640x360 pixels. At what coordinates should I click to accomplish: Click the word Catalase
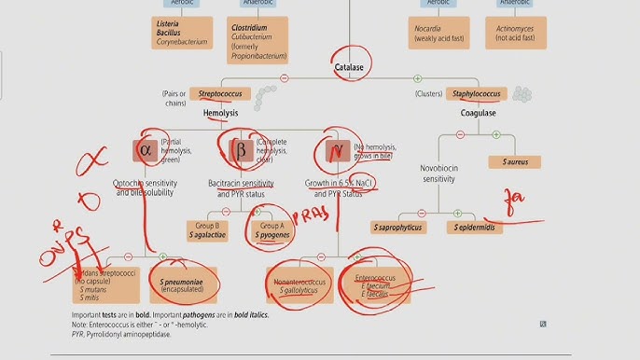click(x=348, y=67)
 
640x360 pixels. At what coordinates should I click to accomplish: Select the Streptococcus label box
click(x=220, y=94)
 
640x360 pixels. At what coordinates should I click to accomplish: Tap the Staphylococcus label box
click(x=478, y=94)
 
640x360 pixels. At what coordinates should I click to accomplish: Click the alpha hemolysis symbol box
click(x=145, y=149)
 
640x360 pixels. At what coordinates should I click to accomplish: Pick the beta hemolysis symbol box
click(x=240, y=149)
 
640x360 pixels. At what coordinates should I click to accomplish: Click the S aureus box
click(x=515, y=162)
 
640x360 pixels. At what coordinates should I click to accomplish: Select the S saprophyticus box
click(x=398, y=227)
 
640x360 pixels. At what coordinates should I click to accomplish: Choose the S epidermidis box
click(x=479, y=227)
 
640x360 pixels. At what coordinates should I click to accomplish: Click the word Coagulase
click(x=478, y=113)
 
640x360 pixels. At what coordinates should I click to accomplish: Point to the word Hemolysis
click(x=220, y=113)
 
